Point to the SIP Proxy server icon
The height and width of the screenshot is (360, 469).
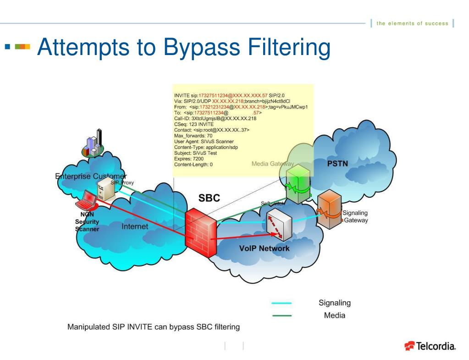coord(106,189)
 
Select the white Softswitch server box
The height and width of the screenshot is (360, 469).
coord(280,223)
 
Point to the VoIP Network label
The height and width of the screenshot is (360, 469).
coord(264,248)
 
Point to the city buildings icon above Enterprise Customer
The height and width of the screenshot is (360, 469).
coord(94,144)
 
